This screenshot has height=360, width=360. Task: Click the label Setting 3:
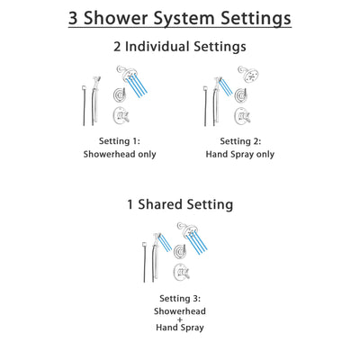pyautogui.click(x=179, y=299)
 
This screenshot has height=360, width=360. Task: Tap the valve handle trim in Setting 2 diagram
pyautogui.click(x=240, y=115)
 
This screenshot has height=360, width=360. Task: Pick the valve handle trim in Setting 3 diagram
pyautogui.click(x=181, y=270)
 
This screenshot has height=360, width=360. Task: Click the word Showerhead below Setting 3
pyautogui.click(x=179, y=310)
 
